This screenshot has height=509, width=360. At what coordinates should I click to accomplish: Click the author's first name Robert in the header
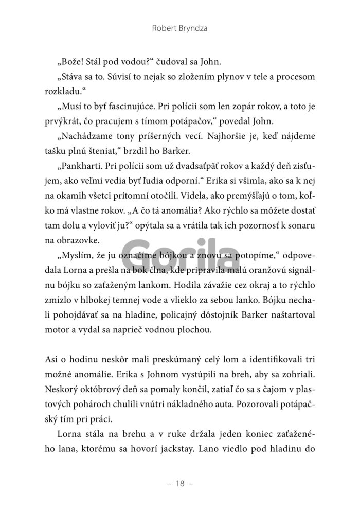164,29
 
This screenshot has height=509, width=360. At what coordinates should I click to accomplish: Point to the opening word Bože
73,62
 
